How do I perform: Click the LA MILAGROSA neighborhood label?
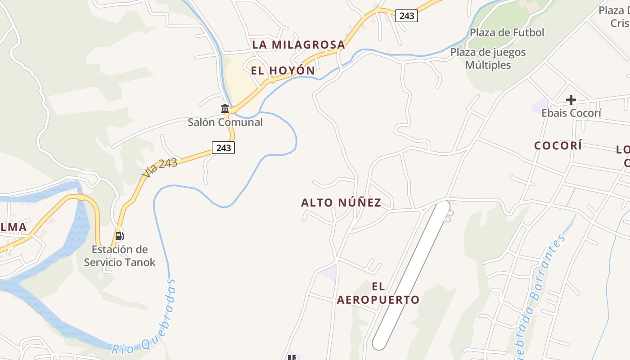[x=298, y=45]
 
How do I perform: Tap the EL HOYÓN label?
[x=283, y=71]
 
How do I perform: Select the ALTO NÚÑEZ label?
[x=341, y=203]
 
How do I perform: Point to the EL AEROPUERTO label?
[x=378, y=293]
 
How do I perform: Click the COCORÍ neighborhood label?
[x=558, y=145]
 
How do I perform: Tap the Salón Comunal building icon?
[x=225, y=108]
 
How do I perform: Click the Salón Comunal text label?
[x=225, y=122]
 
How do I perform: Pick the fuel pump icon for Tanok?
[x=119, y=235]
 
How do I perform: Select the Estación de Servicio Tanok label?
[x=120, y=256]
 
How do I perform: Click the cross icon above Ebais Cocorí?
[x=571, y=99]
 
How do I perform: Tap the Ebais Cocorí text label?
[x=571, y=113]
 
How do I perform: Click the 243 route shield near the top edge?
[x=406, y=16]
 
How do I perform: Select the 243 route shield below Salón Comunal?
[x=223, y=148]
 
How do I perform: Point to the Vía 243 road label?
[x=159, y=167]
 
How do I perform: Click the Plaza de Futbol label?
[x=507, y=32]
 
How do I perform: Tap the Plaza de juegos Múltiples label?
[x=488, y=58]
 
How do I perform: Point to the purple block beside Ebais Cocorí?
[x=539, y=106]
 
